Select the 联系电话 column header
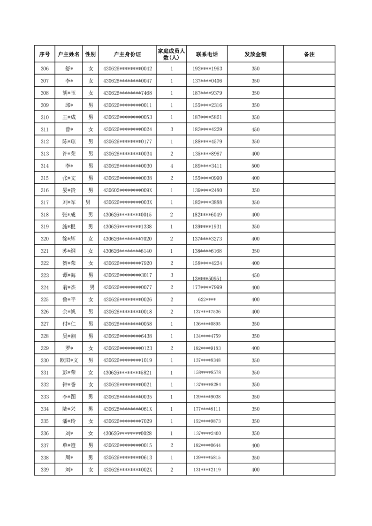(x=207, y=54)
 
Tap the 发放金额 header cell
(x=255, y=54)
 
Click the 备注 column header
(x=309, y=54)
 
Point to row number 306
(x=45, y=69)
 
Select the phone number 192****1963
(x=207, y=69)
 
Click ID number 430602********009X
(x=127, y=190)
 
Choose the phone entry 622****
(x=207, y=300)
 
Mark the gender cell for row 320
(x=91, y=239)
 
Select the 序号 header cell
(x=45, y=54)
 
